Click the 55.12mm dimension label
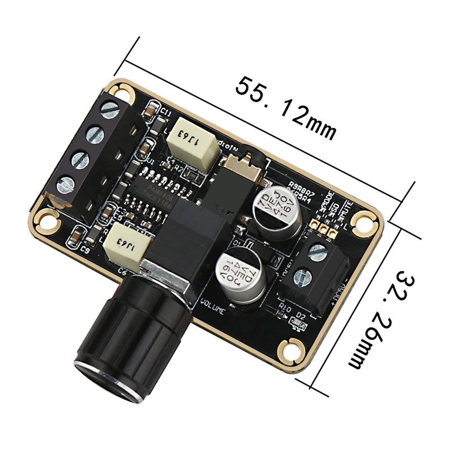tap(287, 108)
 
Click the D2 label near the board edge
tap(301, 315)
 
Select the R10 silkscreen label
tap(285, 308)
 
